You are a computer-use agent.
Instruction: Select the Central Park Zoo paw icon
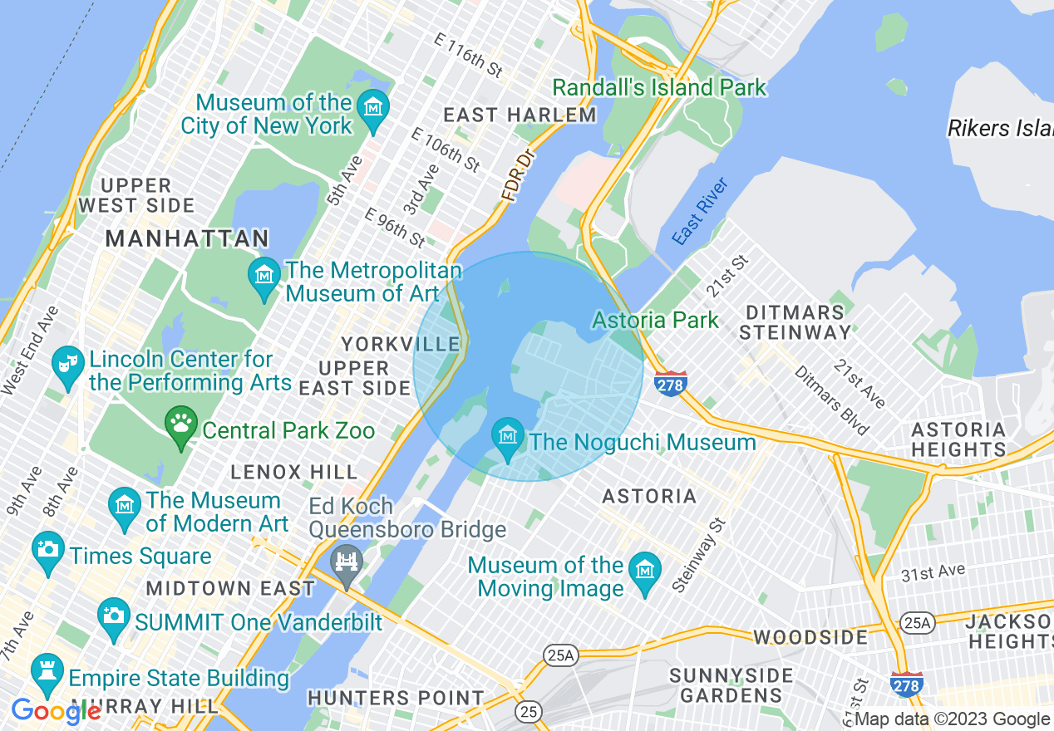[180, 425]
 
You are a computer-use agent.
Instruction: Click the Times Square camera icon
[48, 551]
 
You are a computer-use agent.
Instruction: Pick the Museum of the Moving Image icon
[644, 572]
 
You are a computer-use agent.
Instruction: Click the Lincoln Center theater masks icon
[66, 365]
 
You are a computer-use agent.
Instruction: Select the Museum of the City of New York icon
[373, 109]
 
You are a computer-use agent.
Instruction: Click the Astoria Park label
[655, 320]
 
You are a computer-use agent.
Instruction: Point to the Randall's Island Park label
[659, 87]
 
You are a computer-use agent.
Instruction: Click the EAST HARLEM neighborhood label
[520, 115]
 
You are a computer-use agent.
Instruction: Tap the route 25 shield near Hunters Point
[527, 711]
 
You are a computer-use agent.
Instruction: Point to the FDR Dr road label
[515, 176]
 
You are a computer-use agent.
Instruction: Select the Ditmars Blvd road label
[832, 400]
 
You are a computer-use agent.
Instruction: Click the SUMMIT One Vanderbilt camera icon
[113, 616]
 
